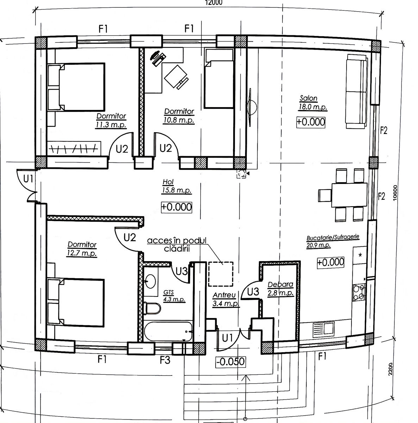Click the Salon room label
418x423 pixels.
pyautogui.click(x=308, y=98)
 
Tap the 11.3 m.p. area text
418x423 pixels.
pyautogui.click(x=111, y=125)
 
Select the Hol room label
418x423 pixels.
pyautogui.click(x=168, y=182)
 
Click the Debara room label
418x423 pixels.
pyautogui.click(x=280, y=284)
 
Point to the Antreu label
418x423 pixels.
pyautogui.click(x=224, y=295)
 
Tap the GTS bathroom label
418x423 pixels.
pyautogui.click(x=168, y=292)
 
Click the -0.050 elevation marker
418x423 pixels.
pyautogui.click(x=230, y=362)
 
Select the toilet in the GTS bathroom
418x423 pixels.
pyautogui.click(x=152, y=308)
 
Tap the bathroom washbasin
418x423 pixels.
pyautogui.click(x=150, y=281)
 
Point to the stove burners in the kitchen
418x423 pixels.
pyautogui.click(x=358, y=292)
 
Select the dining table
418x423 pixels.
pyautogui.click(x=349, y=195)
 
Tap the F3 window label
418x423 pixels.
pyautogui.click(x=165, y=360)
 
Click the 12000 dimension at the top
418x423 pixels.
pyautogui.click(x=213, y=2)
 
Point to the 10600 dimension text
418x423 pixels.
pyautogui.click(x=395, y=193)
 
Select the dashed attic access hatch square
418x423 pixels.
pyautogui.click(x=220, y=274)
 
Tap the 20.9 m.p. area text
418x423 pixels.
pyautogui.click(x=318, y=245)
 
